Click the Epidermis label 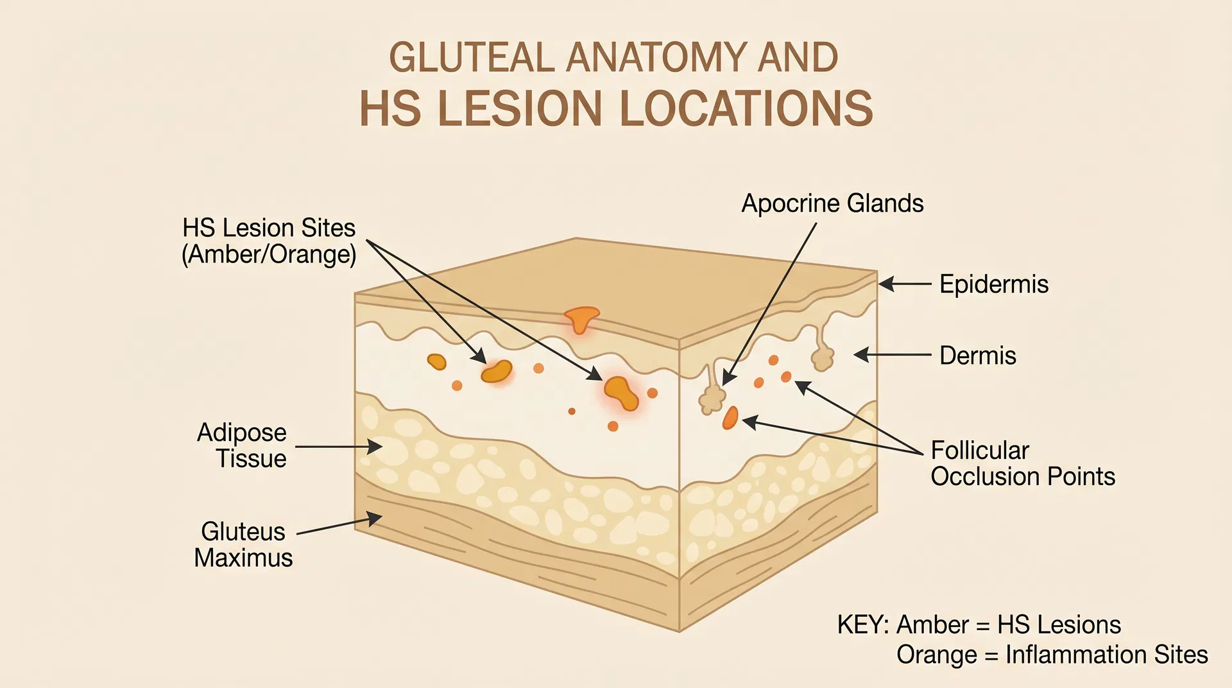click(x=993, y=284)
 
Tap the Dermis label click(x=977, y=356)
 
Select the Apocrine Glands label click(x=832, y=203)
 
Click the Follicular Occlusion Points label click(x=1022, y=463)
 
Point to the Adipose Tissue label click(x=242, y=445)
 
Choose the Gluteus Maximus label click(x=243, y=544)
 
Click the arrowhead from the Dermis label click(x=861, y=354)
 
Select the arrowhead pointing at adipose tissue click(x=376, y=446)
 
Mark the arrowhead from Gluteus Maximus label click(x=375, y=519)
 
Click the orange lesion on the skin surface click(x=581, y=318)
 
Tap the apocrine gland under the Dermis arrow click(x=822, y=356)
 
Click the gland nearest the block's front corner click(x=711, y=398)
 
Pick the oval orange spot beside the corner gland click(x=730, y=418)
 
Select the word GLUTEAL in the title click(x=472, y=58)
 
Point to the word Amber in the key click(x=932, y=624)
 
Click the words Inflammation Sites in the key click(x=1106, y=655)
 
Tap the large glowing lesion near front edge click(x=620, y=392)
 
